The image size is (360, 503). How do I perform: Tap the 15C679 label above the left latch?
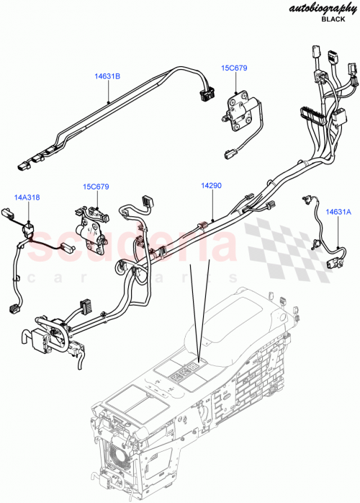pos(95,187)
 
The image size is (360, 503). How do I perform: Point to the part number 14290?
pos(211,185)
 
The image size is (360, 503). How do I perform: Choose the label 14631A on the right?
pos(338,212)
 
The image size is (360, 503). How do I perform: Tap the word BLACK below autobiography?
pos(333,20)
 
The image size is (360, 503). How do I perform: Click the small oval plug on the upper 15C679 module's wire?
pos(230,152)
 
